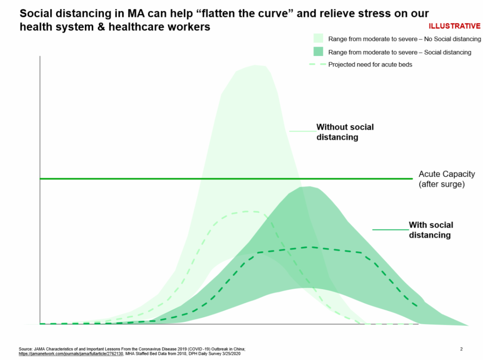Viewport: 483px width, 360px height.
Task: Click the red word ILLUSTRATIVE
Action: click(454, 26)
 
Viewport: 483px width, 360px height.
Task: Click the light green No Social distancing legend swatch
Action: click(318, 39)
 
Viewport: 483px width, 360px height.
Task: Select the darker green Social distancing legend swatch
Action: click(318, 52)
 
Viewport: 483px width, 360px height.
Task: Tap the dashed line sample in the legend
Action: click(316, 64)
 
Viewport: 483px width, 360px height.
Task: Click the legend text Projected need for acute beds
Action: click(370, 64)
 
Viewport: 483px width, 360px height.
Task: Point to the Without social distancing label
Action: click(345, 132)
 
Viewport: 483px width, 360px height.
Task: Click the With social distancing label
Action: click(431, 230)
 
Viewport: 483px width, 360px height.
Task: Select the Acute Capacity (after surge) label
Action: click(447, 179)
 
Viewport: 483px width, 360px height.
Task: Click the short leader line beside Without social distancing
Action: click(303, 131)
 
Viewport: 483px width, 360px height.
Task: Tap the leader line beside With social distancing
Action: click(390, 230)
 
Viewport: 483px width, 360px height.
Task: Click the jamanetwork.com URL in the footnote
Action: click(71, 354)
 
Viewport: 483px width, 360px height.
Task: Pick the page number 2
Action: click(462, 348)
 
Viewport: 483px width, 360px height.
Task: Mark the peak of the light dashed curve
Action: click(246, 211)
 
